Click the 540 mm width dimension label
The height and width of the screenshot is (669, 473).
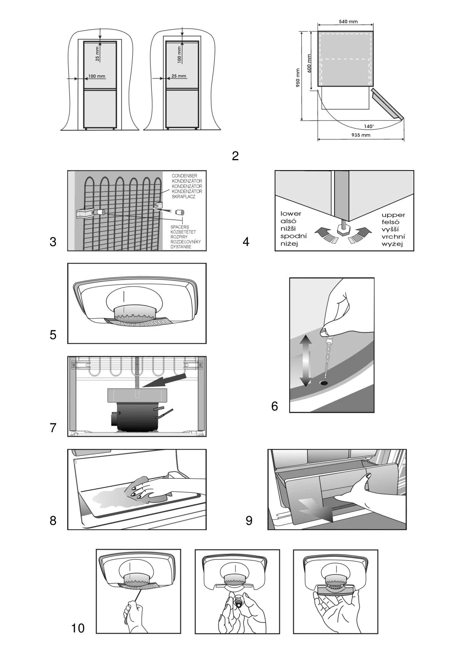click(x=348, y=22)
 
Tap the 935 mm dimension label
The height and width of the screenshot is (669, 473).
click(x=360, y=135)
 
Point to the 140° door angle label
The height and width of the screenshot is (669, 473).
click(x=368, y=126)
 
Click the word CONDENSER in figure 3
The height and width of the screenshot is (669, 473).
click(x=184, y=176)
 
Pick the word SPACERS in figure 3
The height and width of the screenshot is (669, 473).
click(x=179, y=227)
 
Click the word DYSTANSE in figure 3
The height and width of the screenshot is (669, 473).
click(x=181, y=247)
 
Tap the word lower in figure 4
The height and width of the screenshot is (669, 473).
click(x=291, y=214)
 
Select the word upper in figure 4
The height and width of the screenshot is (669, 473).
click(x=393, y=215)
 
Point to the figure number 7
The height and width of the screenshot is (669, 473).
click(x=53, y=428)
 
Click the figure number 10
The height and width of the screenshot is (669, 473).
click(x=78, y=628)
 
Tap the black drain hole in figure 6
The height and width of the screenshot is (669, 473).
click(x=324, y=382)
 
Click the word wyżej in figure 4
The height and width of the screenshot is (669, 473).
click(x=392, y=244)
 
